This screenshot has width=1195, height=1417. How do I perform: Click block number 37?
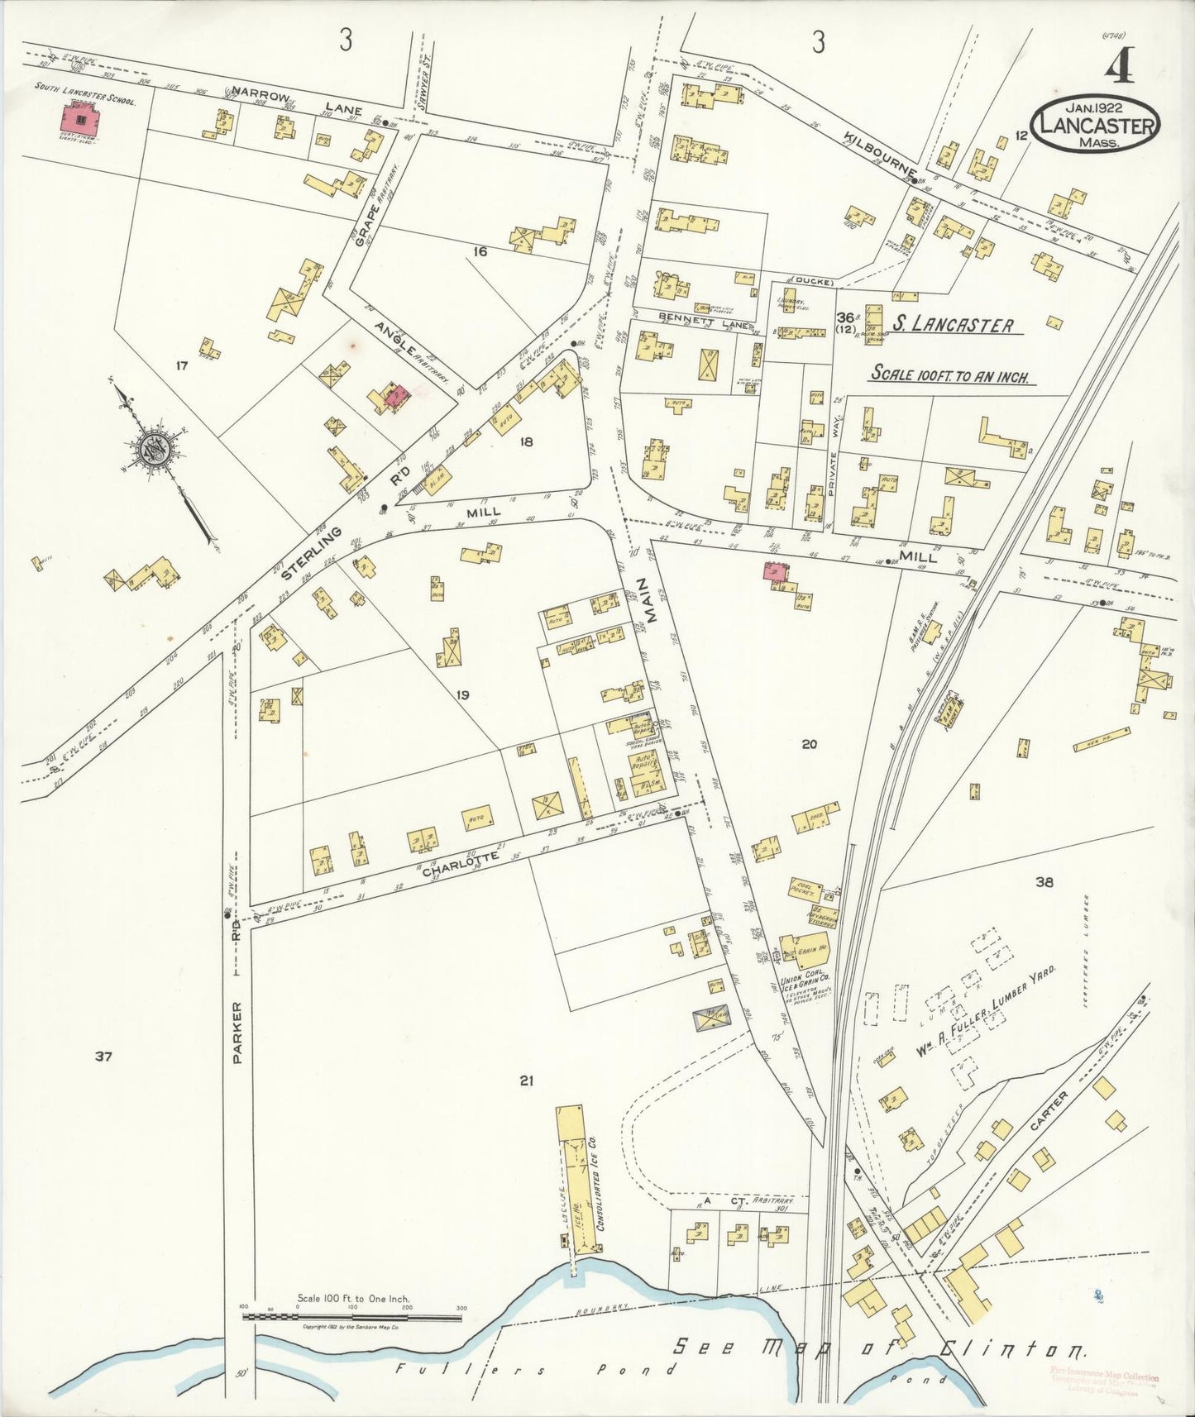click(103, 1056)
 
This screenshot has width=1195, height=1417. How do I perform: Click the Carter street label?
click(1050, 1113)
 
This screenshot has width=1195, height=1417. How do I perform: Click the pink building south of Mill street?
click(776, 571)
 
